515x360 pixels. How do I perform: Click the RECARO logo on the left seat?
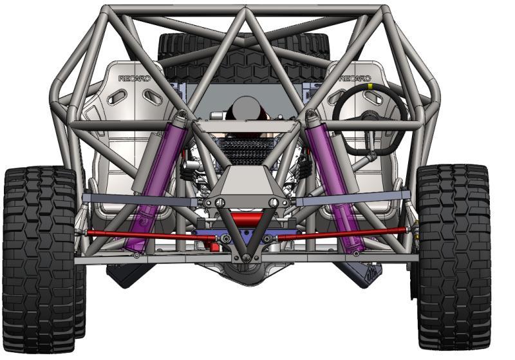click(135, 79)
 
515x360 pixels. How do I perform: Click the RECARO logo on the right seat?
click(355, 79)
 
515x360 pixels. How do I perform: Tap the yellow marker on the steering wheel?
click(370, 86)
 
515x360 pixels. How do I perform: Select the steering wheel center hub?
click(370, 117)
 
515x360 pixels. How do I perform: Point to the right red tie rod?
click(342, 233)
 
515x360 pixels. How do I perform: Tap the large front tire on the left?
click(40, 260)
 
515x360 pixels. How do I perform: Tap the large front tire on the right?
click(454, 258)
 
